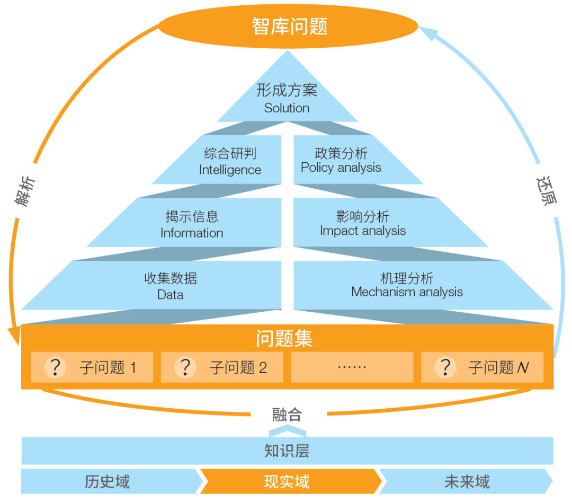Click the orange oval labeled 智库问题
pos(289,27)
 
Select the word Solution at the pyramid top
pos(287,108)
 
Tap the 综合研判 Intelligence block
pos(230,161)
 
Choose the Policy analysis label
pos(341,168)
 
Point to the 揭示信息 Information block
pos(192,224)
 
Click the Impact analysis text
pos(362,231)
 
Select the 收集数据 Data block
pos(171,286)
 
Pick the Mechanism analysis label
pos(407,292)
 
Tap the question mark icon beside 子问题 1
pos(55,367)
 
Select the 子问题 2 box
pos(222,367)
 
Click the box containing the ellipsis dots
pos(352,367)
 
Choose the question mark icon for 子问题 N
pos(445,367)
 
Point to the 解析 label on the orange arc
pos(25,191)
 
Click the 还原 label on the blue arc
pos(546,190)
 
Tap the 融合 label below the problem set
pos(287,414)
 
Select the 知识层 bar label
pos(287,451)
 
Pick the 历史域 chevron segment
pos(108,481)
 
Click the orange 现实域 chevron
pos(287,481)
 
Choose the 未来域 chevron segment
pos(467,481)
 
